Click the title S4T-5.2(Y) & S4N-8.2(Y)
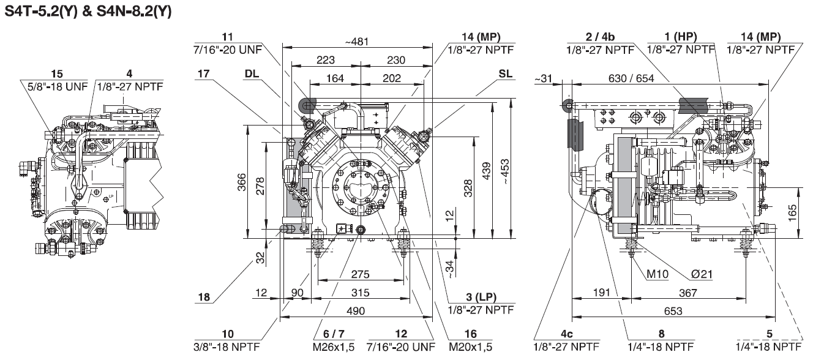88,10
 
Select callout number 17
204,73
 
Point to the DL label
251,73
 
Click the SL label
506,73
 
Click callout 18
204,298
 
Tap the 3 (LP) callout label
481,298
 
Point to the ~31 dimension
542,78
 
